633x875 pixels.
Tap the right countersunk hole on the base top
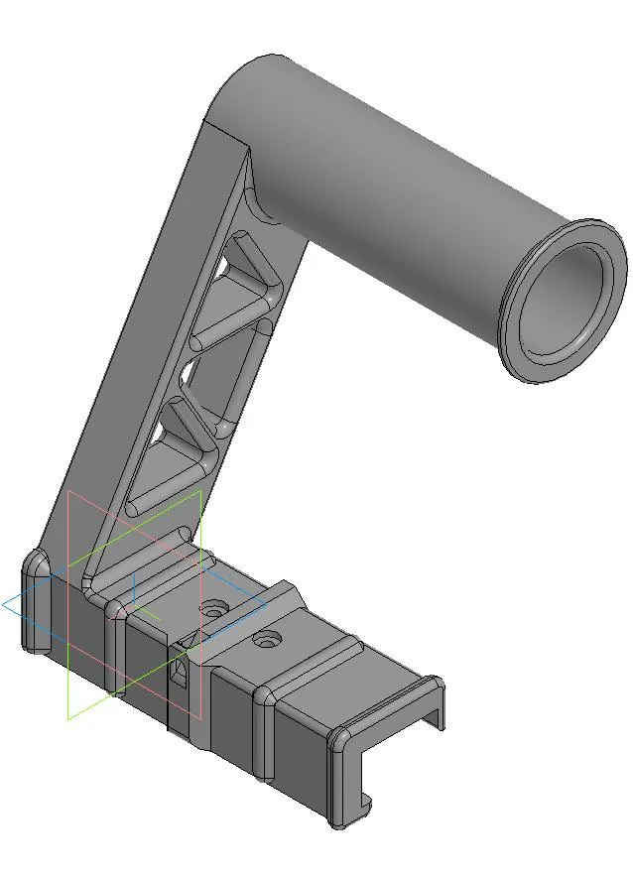[x=264, y=641]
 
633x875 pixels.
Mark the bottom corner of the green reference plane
[x=66, y=717]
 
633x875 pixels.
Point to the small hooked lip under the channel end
[x=367, y=800]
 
